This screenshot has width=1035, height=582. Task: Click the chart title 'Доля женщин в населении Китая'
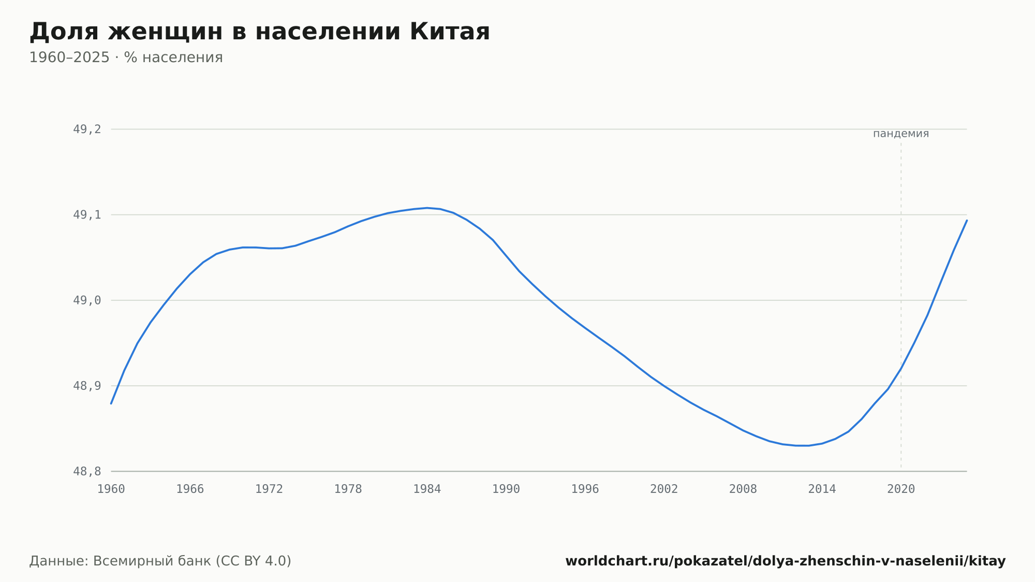click(x=259, y=32)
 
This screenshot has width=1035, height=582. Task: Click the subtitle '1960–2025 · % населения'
click(x=126, y=57)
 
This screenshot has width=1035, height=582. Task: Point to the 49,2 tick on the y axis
click(x=87, y=129)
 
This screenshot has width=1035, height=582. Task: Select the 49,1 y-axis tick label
click(x=87, y=215)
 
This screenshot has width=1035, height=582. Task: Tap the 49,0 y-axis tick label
click(x=87, y=300)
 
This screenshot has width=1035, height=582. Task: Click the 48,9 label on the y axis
click(x=87, y=386)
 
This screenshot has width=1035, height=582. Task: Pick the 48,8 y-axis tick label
click(x=87, y=472)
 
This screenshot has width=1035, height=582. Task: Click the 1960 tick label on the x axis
click(x=111, y=489)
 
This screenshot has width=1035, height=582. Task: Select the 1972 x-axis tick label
click(x=269, y=489)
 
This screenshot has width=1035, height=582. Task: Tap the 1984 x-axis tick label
click(x=427, y=489)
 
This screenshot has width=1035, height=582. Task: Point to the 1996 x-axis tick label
click(x=585, y=489)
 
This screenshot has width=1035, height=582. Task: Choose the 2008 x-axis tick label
click(x=743, y=489)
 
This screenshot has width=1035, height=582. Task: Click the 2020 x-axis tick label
click(x=901, y=489)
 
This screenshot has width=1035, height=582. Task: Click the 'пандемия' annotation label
click(x=901, y=134)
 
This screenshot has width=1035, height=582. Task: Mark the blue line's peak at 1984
click(x=427, y=208)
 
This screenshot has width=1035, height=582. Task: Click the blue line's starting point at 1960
click(x=111, y=403)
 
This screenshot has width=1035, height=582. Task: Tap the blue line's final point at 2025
click(x=967, y=221)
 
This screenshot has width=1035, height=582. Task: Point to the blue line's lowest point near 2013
click(x=802, y=445)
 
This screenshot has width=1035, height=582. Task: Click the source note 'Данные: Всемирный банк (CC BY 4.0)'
click(x=160, y=561)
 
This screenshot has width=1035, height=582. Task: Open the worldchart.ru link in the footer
click(x=786, y=561)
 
